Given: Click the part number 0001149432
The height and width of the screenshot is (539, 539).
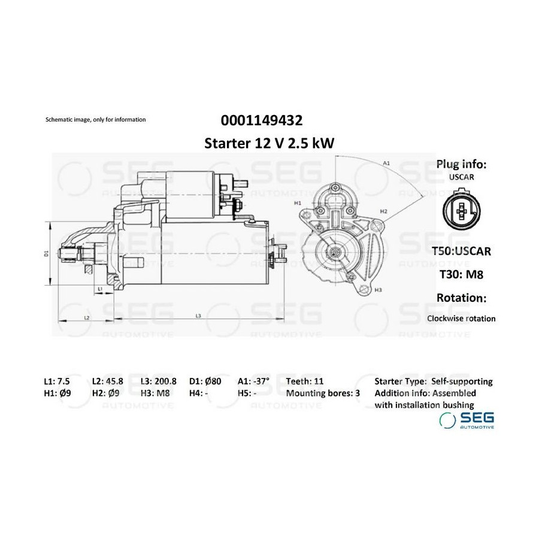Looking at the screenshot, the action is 262,120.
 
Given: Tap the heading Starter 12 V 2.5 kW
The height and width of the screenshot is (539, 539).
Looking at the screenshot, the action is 269,143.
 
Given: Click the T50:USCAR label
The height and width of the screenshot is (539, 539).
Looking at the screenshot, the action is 461,251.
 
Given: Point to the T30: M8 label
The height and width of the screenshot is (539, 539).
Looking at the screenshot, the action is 462,274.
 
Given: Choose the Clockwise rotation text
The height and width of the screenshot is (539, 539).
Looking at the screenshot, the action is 461,319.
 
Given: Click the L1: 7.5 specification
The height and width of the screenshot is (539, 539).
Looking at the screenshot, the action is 57,381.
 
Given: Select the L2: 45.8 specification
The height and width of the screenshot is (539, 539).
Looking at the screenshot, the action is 108,381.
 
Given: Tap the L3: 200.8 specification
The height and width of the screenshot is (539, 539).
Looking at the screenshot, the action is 159,381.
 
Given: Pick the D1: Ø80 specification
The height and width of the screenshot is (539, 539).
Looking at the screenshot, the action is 205,381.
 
